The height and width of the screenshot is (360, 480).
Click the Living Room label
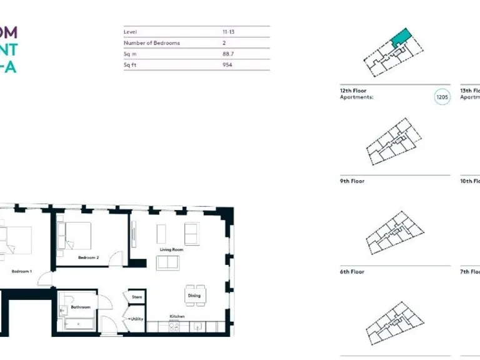pos(171,249)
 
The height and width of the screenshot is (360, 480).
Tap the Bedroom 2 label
pos(87,257)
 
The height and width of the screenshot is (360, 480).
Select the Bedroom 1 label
pos(22,271)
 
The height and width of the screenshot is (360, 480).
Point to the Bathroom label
pos(81,307)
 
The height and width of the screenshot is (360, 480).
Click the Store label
pos(137,297)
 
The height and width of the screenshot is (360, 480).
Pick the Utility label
pos(137,319)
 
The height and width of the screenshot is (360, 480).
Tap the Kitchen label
pos(177,316)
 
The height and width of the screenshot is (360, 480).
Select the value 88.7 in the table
pos(228,54)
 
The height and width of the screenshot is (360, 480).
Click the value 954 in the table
pos(227,64)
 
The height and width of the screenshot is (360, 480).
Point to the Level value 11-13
pos(229,32)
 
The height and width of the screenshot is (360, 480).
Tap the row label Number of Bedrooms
pos(152,42)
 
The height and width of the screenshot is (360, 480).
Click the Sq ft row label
pos(131,64)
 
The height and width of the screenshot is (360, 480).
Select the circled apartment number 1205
pos(442,97)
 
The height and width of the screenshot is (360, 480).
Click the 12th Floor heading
pos(353,91)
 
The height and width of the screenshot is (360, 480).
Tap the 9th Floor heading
pos(352,181)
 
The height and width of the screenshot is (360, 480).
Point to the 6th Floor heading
pos(352,272)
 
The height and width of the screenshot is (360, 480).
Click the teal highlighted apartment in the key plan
pos(400,37)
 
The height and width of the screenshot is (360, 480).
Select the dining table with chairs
pos(195,295)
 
